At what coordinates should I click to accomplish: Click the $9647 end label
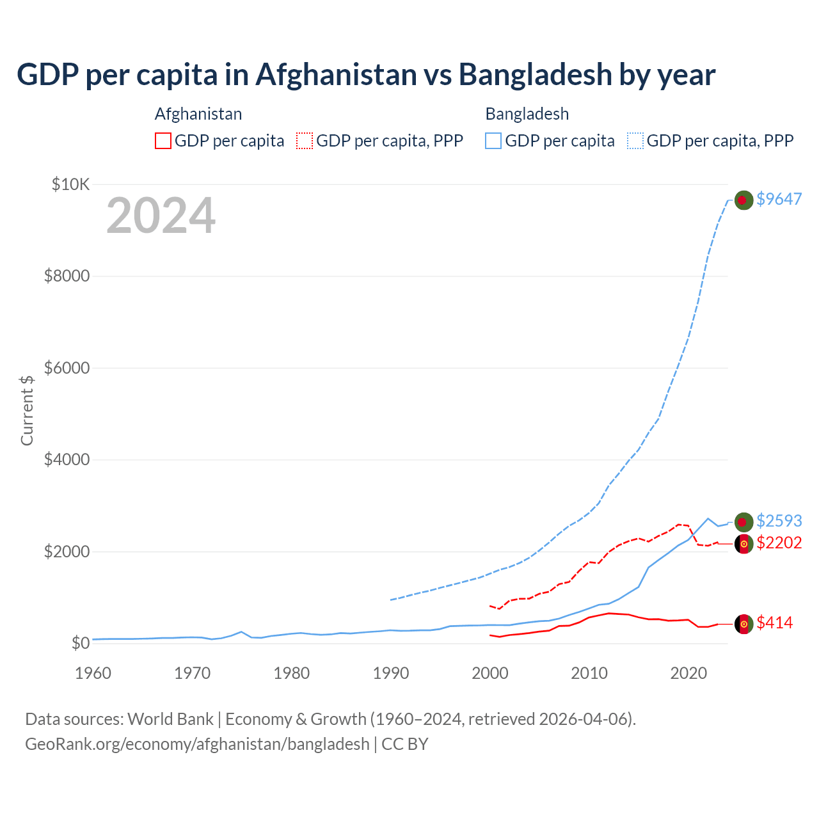pos(779,199)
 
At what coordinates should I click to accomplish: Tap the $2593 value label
pos(779,521)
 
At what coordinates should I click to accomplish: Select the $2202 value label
pos(779,543)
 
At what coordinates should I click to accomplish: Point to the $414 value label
pos(774,623)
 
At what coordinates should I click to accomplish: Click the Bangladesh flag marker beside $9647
pos(743,200)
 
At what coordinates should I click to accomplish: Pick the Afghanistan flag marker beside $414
pos(743,624)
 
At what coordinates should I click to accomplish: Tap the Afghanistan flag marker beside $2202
pos(743,544)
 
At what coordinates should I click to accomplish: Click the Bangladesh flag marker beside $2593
pos(743,522)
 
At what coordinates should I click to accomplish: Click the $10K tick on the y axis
pos(70,185)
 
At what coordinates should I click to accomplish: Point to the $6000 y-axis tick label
pos(67,368)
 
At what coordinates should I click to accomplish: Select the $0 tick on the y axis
pos(80,643)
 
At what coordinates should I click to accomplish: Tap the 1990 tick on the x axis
pos(390,673)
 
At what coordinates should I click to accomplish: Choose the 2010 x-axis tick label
pos(589,673)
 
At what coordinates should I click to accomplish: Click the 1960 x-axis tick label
pos(93,673)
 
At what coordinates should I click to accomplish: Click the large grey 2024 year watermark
pos(161,216)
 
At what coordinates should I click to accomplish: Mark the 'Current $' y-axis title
pos(27,410)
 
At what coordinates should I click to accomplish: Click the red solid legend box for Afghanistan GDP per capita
pos(163,141)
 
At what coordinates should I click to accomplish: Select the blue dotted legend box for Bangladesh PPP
pos(635,141)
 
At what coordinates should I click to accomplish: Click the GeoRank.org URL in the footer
pos(197,744)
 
